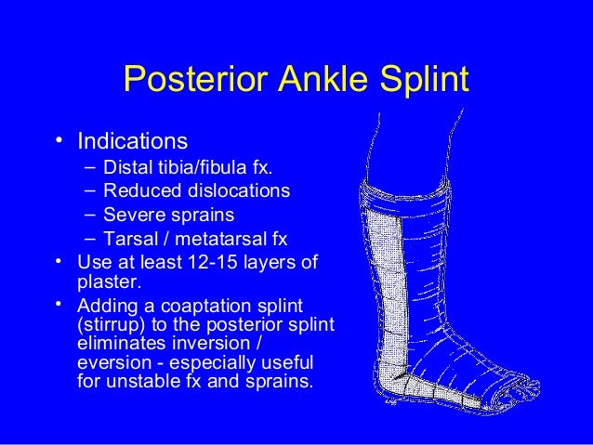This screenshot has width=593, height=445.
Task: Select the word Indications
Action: (132, 142)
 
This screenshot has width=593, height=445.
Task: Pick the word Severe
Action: (133, 216)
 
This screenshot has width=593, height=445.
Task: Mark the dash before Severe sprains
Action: (88, 216)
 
